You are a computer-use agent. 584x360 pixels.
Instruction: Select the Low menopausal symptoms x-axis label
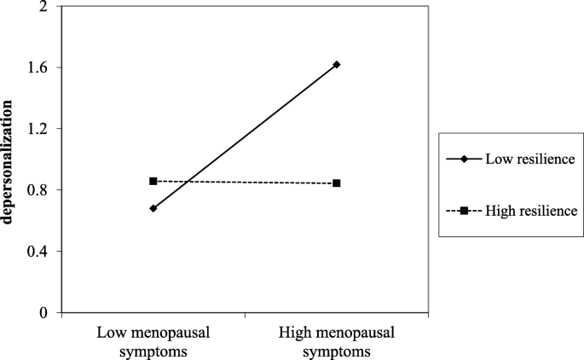[153, 340]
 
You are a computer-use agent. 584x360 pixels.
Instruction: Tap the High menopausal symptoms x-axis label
[337, 340]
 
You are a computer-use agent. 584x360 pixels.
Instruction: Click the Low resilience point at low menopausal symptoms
[153, 208]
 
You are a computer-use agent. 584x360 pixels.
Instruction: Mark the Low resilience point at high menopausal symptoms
[338, 65]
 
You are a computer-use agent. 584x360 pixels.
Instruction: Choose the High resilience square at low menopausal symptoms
[153, 181]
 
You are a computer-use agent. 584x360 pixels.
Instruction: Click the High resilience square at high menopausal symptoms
[338, 183]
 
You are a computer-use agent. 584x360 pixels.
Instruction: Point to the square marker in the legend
[465, 210]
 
